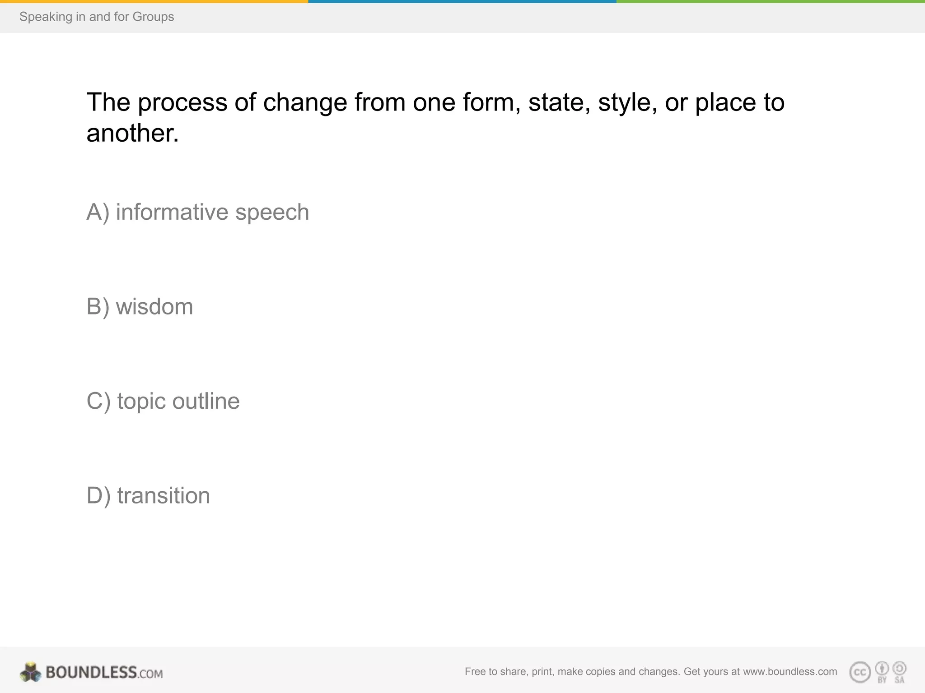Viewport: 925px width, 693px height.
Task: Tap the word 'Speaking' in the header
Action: (46, 17)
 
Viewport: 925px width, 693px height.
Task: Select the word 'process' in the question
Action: (182, 102)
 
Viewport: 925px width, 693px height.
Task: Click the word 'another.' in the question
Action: (133, 134)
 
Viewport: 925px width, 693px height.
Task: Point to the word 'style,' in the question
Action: (627, 102)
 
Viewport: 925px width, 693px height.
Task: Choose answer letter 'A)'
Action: (98, 212)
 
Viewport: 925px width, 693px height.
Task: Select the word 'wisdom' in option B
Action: (154, 307)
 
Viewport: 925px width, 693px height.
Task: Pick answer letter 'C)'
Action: (98, 401)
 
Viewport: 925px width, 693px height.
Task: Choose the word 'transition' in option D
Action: (164, 495)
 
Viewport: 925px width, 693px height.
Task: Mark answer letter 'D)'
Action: (98, 495)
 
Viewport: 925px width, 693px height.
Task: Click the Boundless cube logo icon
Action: (30, 672)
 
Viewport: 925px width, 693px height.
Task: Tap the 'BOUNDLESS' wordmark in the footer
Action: (91, 672)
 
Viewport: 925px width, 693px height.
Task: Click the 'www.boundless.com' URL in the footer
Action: (790, 671)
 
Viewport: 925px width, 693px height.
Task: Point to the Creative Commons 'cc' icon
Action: (860, 672)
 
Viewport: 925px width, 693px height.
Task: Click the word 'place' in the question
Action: (725, 102)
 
